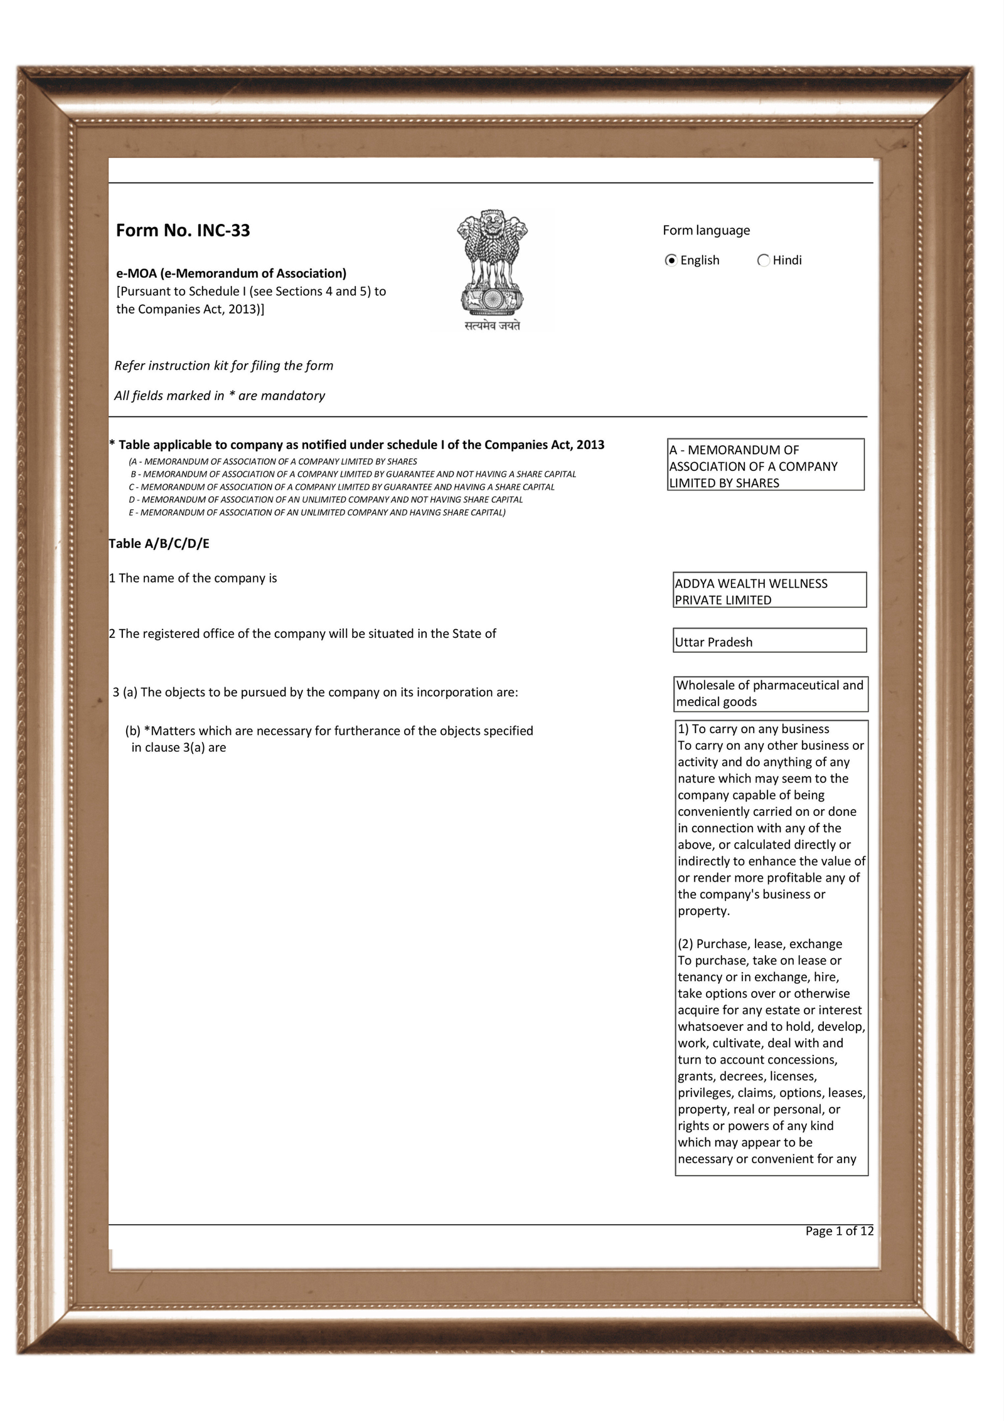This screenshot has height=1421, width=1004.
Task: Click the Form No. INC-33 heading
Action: [183, 231]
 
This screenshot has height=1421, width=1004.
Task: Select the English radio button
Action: [671, 260]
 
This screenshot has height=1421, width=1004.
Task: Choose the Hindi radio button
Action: [764, 260]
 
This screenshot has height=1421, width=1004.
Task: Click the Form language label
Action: [706, 230]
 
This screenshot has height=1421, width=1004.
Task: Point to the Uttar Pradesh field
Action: [769, 642]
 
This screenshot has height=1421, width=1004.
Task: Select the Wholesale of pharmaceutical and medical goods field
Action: [771, 694]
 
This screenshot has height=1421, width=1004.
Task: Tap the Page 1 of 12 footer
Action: [839, 1231]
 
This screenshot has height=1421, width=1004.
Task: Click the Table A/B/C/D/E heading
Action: [159, 544]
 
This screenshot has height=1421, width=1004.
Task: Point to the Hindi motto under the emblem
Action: [492, 325]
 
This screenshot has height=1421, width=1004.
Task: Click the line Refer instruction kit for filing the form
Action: [223, 366]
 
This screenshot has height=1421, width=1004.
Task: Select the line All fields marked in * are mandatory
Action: [220, 396]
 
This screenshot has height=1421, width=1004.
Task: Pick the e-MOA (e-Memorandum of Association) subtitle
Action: [231, 273]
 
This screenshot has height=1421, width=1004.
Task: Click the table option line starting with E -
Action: [317, 512]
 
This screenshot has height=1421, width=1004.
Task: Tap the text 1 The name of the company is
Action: [193, 578]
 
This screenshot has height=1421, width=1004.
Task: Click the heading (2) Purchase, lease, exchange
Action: [759, 944]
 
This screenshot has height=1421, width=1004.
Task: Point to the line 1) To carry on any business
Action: [753, 729]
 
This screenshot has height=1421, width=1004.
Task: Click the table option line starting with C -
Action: [341, 487]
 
